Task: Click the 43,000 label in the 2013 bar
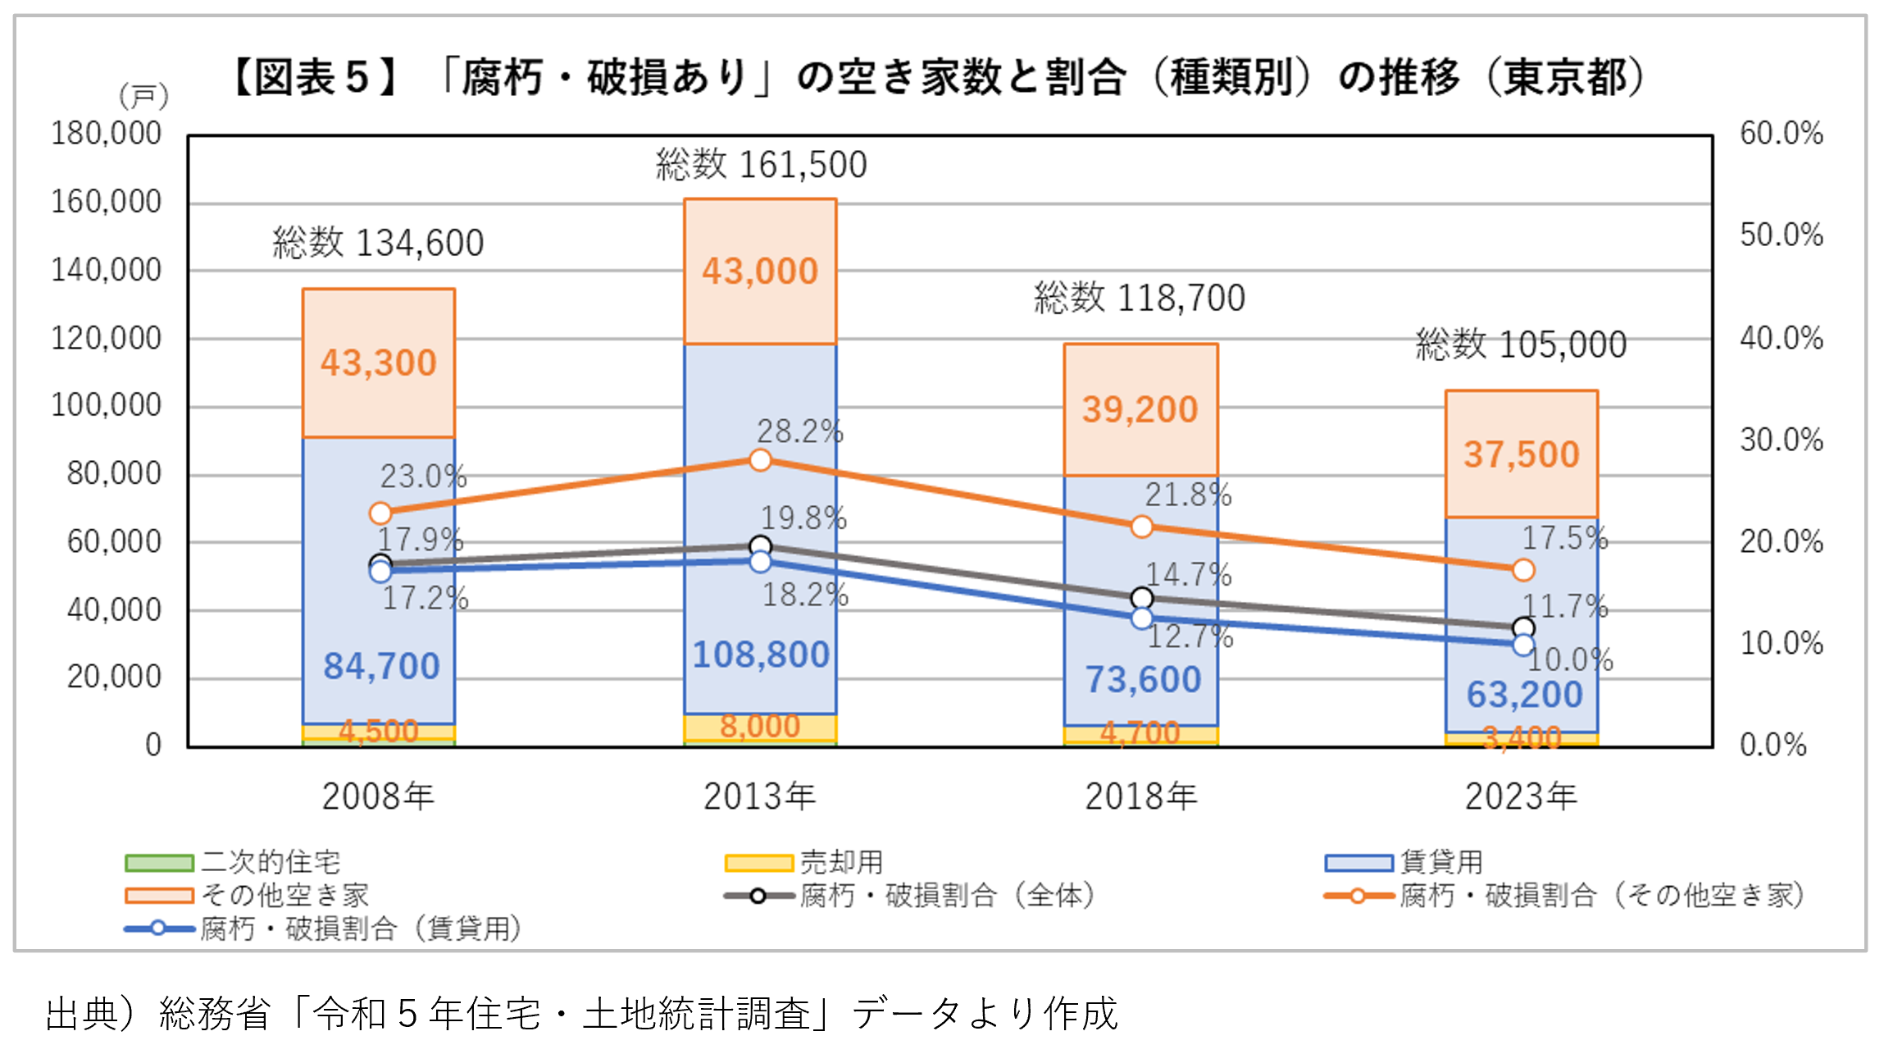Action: point(760,271)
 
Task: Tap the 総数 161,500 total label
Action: point(761,165)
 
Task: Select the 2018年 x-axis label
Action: point(1140,796)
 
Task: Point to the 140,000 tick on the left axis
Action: point(107,270)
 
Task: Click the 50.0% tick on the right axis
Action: point(1781,235)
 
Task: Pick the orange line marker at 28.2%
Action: point(761,460)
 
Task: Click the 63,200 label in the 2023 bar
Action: point(1524,695)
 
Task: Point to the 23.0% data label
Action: point(423,477)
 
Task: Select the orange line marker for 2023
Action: point(1523,570)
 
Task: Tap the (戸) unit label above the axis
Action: point(143,97)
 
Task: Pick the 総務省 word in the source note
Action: point(215,1014)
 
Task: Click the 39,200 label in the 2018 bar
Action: point(1140,410)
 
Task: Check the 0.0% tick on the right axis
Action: point(1773,746)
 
